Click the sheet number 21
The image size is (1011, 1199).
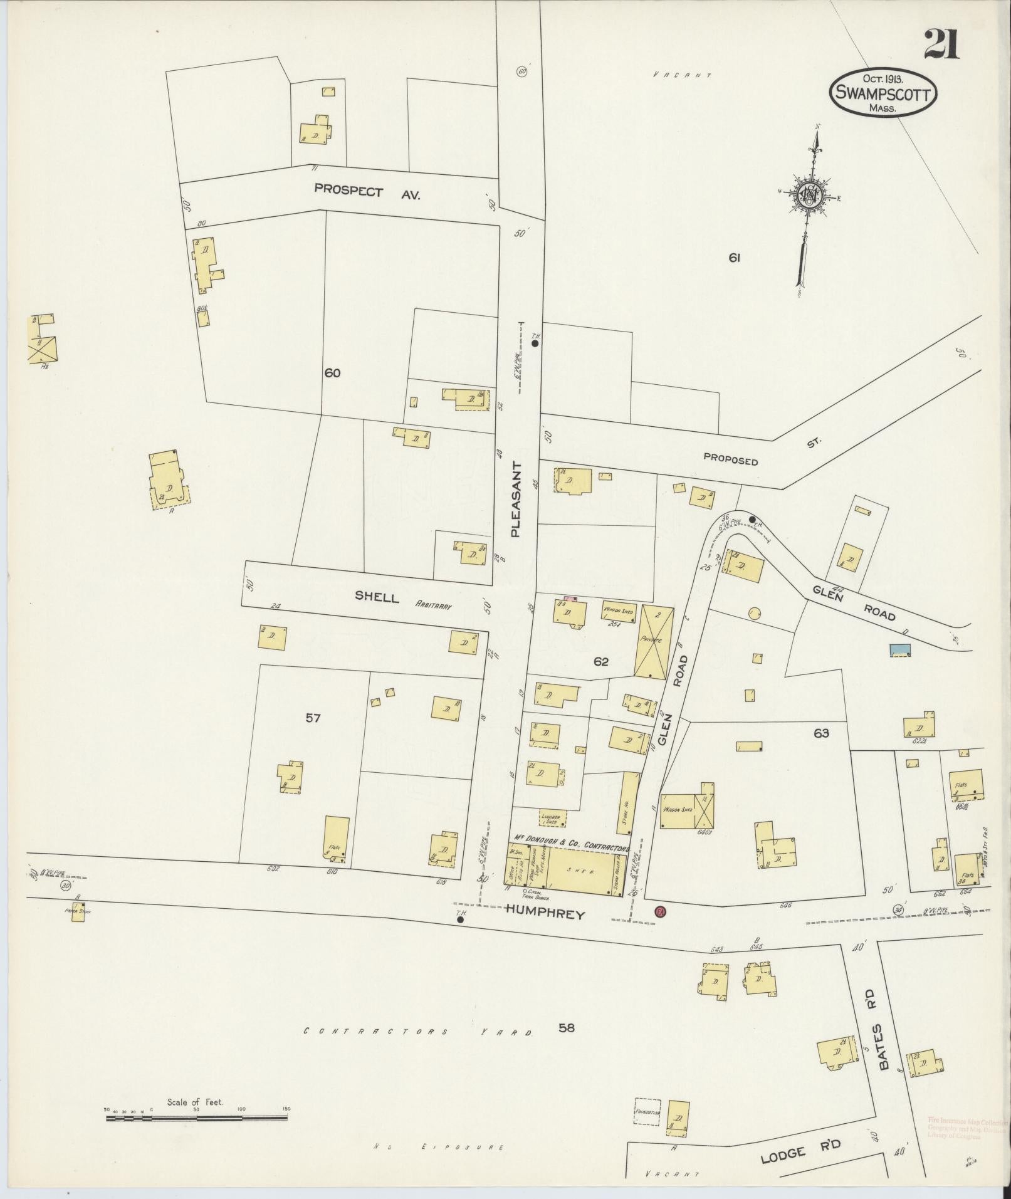(x=941, y=45)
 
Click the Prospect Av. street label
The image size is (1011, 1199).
(x=367, y=192)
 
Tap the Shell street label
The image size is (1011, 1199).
(x=377, y=596)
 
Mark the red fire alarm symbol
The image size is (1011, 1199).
(x=659, y=911)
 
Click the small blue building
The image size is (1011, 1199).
(x=900, y=650)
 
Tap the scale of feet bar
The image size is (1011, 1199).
(x=197, y=1116)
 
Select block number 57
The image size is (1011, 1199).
(x=313, y=718)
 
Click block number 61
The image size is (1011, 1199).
(x=735, y=257)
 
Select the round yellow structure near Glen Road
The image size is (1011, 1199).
(x=754, y=612)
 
